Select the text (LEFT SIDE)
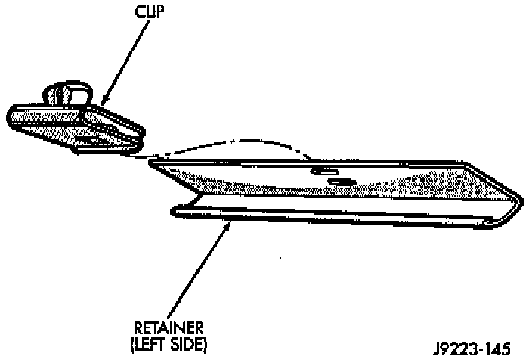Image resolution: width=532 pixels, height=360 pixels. point(169,345)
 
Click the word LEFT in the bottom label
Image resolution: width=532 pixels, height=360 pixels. point(154,345)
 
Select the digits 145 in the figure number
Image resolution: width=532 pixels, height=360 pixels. point(495,349)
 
